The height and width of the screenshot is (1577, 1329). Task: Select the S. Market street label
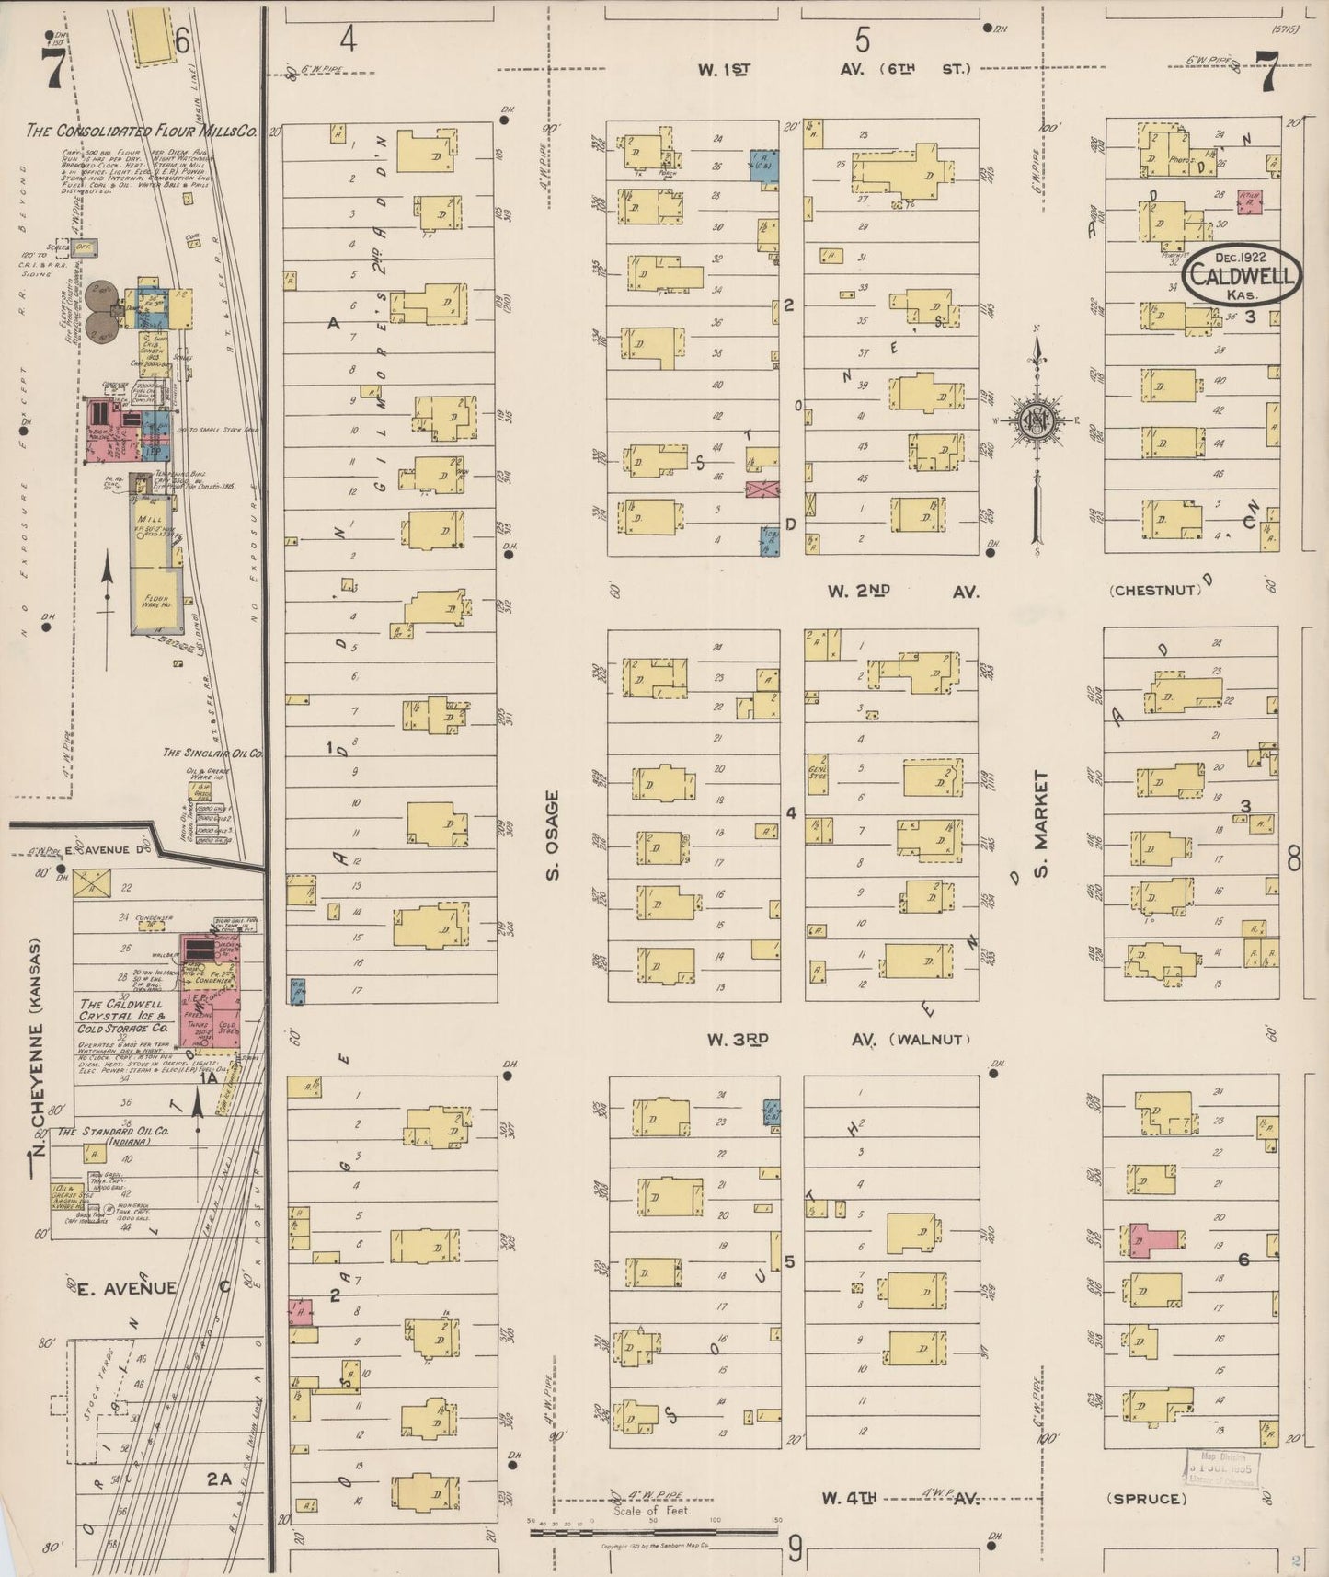click(x=1041, y=823)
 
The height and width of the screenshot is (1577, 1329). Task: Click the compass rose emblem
click(x=1038, y=420)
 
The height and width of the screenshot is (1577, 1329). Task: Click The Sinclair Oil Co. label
click(x=213, y=753)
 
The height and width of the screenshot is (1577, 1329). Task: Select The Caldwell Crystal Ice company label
click(x=121, y=1016)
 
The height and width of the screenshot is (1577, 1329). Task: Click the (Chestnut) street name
click(x=1155, y=591)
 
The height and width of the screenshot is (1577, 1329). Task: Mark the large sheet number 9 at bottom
click(x=796, y=1549)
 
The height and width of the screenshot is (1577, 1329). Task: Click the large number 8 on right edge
click(x=1294, y=858)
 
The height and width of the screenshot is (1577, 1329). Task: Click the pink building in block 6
click(x=1156, y=1239)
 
